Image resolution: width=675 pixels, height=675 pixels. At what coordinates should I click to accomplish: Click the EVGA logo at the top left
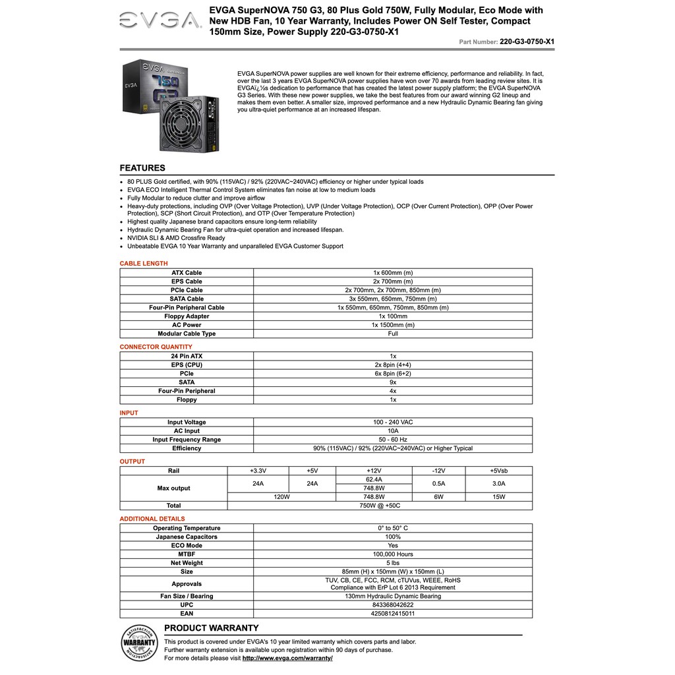[x=160, y=21]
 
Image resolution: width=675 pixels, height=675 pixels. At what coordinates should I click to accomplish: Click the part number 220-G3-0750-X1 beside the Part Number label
[x=527, y=41]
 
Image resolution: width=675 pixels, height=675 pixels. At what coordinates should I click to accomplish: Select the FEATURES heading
[x=142, y=168]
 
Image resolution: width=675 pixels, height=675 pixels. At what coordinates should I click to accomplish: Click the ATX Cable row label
[x=187, y=273]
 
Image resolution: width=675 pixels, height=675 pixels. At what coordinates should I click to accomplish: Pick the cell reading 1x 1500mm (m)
[x=393, y=325]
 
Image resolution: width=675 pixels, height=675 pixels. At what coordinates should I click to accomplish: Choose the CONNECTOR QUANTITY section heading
[x=156, y=347]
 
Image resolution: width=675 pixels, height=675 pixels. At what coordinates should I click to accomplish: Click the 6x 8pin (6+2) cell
[x=393, y=374]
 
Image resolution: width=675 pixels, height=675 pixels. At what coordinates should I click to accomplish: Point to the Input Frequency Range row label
[x=187, y=440]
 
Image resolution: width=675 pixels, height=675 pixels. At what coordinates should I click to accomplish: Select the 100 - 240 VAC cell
[x=393, y=423]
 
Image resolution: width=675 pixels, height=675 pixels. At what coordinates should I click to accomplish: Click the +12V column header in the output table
[x=374, y=471]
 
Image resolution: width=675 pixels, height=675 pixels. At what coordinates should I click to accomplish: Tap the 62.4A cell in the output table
[x=374, y=480]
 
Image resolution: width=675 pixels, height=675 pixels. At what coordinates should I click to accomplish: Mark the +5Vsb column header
[x=498, y=471]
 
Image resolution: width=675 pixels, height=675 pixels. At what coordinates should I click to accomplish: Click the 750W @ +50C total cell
[x=380, y=506]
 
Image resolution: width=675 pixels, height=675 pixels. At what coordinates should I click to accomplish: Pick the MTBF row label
[x=187, y=554]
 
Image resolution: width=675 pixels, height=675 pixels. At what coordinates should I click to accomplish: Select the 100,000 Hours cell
[x=393, y=554]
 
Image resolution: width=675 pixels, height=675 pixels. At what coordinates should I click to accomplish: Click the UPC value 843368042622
[x=393, y=604]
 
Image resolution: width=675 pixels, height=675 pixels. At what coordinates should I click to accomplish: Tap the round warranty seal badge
[x=140, y=642]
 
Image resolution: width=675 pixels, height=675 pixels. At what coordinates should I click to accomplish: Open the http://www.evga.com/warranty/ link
[x=287, y=658]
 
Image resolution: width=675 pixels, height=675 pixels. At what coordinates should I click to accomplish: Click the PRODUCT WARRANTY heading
[x=212, y=628]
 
